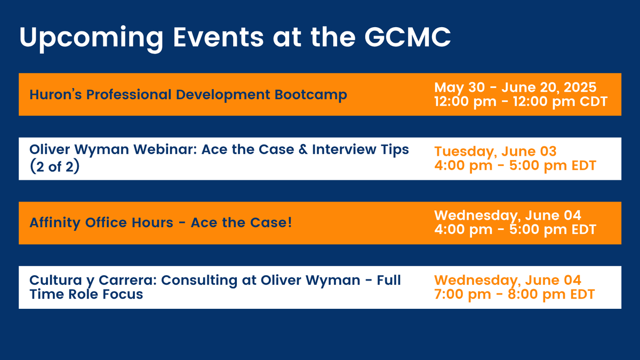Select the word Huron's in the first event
55,95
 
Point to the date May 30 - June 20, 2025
515,87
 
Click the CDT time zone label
591,101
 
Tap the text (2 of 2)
54,165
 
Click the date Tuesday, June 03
488,151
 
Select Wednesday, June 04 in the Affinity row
508,215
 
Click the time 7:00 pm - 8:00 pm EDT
514,294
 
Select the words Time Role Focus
86,294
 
